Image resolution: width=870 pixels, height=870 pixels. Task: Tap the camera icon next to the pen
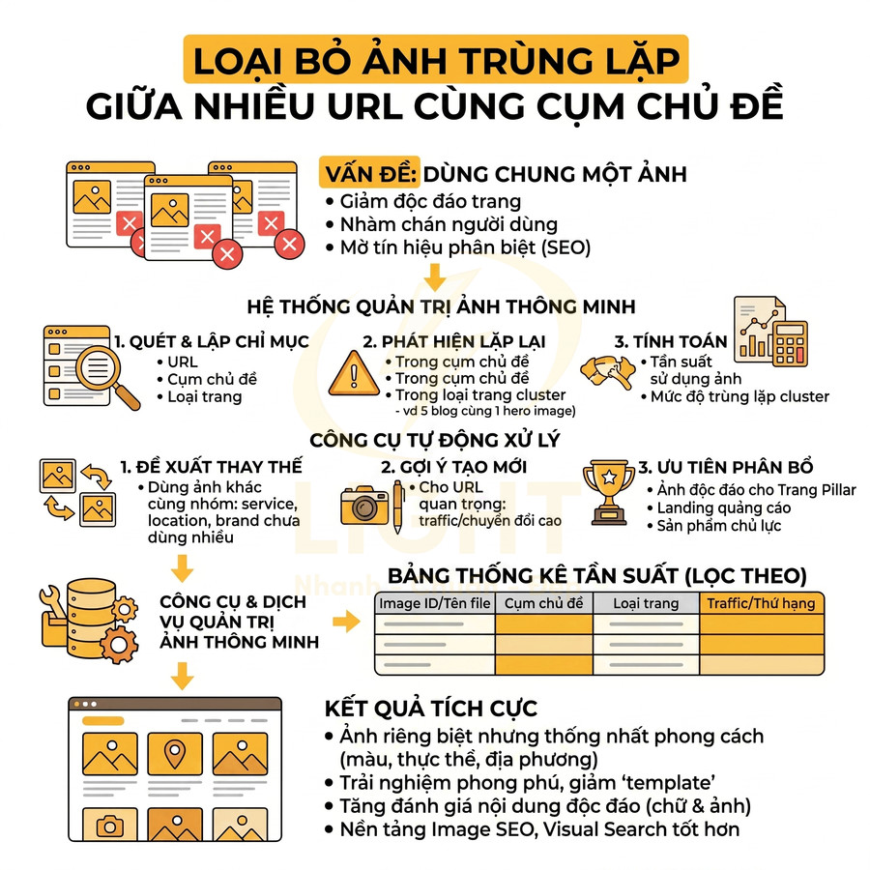pyautogui.click(x=364, y=505)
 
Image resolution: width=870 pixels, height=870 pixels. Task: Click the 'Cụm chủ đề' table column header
pyautogui.click(x=544, y=603)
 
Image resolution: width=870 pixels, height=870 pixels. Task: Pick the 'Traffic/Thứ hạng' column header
pyautogui.click(x=761, y=603)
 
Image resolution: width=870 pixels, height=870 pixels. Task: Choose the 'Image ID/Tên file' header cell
pyautogui.click(x=434, y=603)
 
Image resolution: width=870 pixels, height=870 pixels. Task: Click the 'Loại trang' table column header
pyautogui.click(x=646, y=603)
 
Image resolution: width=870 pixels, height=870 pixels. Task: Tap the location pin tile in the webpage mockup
pyautogui.click(x=173, y=757)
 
